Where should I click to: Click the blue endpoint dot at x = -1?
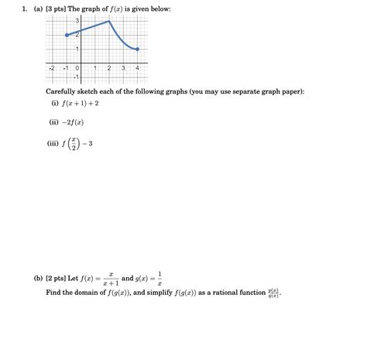click(x=67, y=35)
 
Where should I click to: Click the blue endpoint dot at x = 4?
click(x=137, y=50)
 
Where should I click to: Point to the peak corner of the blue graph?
click(x=109, y=21)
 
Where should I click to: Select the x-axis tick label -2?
click(x=52, y=68)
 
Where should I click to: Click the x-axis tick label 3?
click(x=123, y=68)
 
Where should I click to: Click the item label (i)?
click(x=55, y=101)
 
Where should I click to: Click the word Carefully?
click(x=62, y=91)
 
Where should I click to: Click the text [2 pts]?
click(x=64, y=277)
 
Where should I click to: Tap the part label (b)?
click(x=38, y=277)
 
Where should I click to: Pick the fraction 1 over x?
click(x=159, y=277)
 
